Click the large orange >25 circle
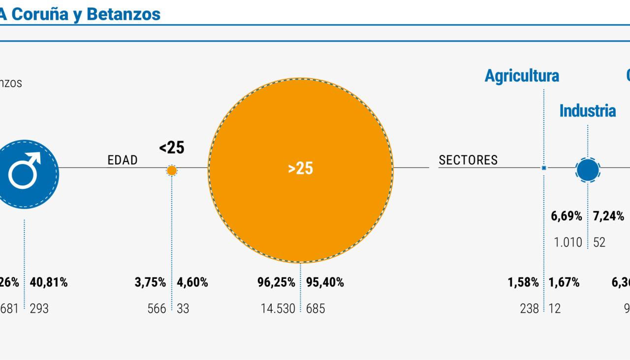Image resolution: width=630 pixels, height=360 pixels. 301,170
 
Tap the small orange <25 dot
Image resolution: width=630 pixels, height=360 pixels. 172,171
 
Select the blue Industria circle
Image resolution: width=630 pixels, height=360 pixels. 588,170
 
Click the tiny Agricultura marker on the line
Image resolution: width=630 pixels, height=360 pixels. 544,168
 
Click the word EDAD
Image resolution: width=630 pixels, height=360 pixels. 123,160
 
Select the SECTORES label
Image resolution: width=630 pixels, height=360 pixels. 468,160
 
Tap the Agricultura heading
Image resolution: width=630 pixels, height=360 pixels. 522,76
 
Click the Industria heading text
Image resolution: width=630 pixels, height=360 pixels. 587,111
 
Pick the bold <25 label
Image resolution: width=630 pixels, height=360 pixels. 172,148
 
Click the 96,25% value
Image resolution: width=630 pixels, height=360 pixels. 276,283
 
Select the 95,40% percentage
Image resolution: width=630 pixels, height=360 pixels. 325,283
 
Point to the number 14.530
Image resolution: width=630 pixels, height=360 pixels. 278,309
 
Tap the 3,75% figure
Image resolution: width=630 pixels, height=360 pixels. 151,283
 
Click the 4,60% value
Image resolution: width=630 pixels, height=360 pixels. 192,283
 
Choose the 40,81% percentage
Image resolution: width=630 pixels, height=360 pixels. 49,283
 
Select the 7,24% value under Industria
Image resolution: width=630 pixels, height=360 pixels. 609,216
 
